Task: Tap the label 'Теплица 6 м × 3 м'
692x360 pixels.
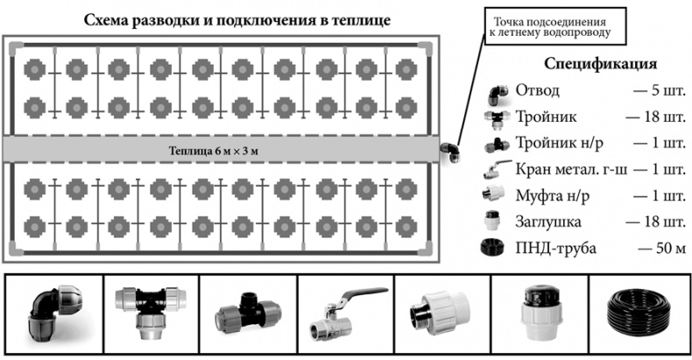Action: click(x=219, y=150)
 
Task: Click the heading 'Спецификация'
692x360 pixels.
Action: click(x=600, y=65)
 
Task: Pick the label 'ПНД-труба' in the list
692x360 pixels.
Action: click(x=556, y=249)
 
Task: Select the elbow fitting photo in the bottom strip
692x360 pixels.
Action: click(x=54, y=314)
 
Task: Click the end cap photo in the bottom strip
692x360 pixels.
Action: click(x=536, y=314)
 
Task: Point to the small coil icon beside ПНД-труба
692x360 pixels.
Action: click(x=496, y=248)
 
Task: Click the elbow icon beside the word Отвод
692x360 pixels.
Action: click(x=496, y=90)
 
